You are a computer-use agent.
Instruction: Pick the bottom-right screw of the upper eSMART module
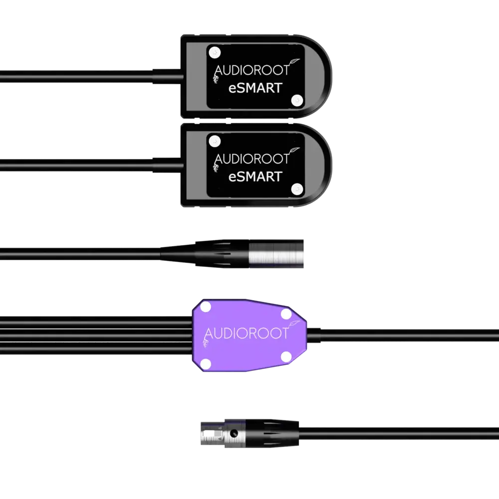click(297, 100)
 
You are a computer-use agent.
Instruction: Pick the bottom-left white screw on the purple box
click(205, 363)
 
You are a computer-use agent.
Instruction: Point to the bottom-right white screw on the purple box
click(285, 355)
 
